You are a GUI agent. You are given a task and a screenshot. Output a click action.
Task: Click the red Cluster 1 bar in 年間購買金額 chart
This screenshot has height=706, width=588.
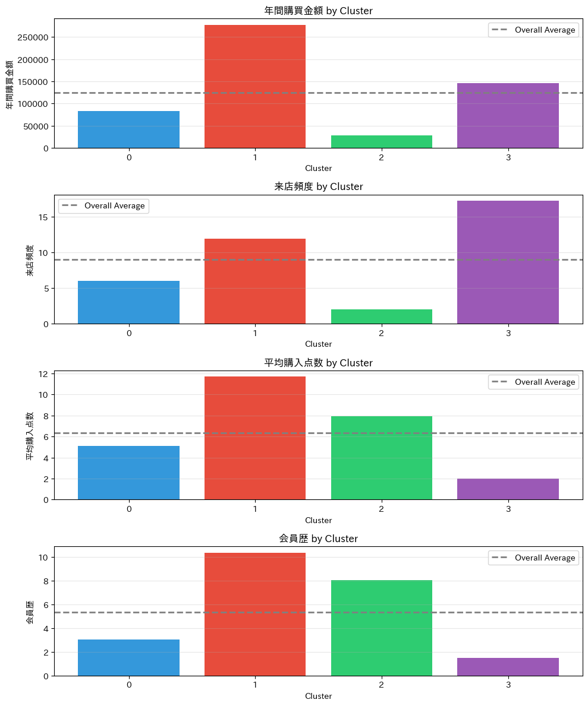[x=255, y=86]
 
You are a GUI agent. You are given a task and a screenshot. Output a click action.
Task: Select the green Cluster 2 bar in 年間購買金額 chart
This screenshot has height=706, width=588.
[x=382, y=142]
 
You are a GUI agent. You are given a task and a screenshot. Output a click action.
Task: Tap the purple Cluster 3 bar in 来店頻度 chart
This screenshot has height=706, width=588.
[x=508, y=262]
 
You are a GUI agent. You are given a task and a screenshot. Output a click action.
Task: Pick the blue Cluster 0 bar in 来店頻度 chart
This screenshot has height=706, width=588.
[x=128, y=302]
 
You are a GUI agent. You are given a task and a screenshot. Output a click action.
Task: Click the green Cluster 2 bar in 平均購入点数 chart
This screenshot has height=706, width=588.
[x=382, y=458]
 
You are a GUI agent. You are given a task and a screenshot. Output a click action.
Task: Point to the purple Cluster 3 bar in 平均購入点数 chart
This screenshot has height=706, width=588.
[x=508, y=489]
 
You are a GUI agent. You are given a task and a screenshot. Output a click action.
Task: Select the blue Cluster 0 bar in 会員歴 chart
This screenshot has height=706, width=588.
[x=128, y=657]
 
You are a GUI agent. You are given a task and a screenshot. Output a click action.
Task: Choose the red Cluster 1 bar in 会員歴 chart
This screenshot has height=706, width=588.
[x=255, y=614]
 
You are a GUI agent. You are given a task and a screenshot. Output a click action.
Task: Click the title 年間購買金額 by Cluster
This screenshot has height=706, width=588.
[x=318, y=11]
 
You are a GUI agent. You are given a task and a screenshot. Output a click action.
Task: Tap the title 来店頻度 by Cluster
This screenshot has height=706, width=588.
[x=318, y=186]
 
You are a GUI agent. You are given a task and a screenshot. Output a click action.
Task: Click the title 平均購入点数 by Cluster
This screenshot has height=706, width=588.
[x=318, y=363]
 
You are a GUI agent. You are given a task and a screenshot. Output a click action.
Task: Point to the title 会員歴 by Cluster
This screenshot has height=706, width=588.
[x=318, y=539]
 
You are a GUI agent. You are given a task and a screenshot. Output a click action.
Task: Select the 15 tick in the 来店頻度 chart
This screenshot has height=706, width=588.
[x=43, y=217]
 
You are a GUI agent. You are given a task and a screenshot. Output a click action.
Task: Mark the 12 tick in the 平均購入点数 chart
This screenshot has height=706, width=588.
[x=43, y=374]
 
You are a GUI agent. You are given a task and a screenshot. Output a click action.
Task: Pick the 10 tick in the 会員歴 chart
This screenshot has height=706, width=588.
[x=43, y=558]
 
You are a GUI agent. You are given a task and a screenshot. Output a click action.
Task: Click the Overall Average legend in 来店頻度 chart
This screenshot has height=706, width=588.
[x=103, y=206]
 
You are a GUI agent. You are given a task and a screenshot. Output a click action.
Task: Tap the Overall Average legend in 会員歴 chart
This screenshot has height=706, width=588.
[x=533, y=558]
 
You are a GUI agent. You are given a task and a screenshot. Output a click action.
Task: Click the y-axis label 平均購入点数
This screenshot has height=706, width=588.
[x=30, y=436]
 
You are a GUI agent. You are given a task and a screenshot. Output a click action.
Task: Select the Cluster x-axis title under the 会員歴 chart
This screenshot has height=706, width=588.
[x=318, y=696]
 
